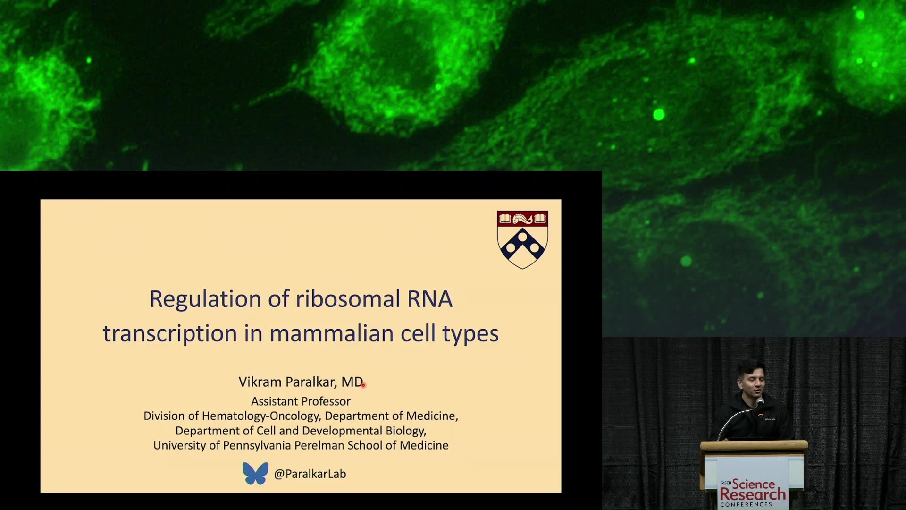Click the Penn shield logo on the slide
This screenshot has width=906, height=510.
[522, 239]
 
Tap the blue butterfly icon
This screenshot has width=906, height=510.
[255, 473]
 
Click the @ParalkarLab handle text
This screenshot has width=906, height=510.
[310, 474]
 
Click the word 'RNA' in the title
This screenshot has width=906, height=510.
[430, 299]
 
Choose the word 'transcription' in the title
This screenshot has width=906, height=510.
[170, 334]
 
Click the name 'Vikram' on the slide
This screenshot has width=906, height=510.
[260, 382]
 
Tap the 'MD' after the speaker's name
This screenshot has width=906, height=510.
[352, 382]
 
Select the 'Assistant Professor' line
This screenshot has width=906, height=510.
[301, 401]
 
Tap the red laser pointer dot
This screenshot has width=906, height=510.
[363, 385]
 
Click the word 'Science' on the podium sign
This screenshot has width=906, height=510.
[754, 484]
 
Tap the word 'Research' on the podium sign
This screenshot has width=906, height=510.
[753, 494]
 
